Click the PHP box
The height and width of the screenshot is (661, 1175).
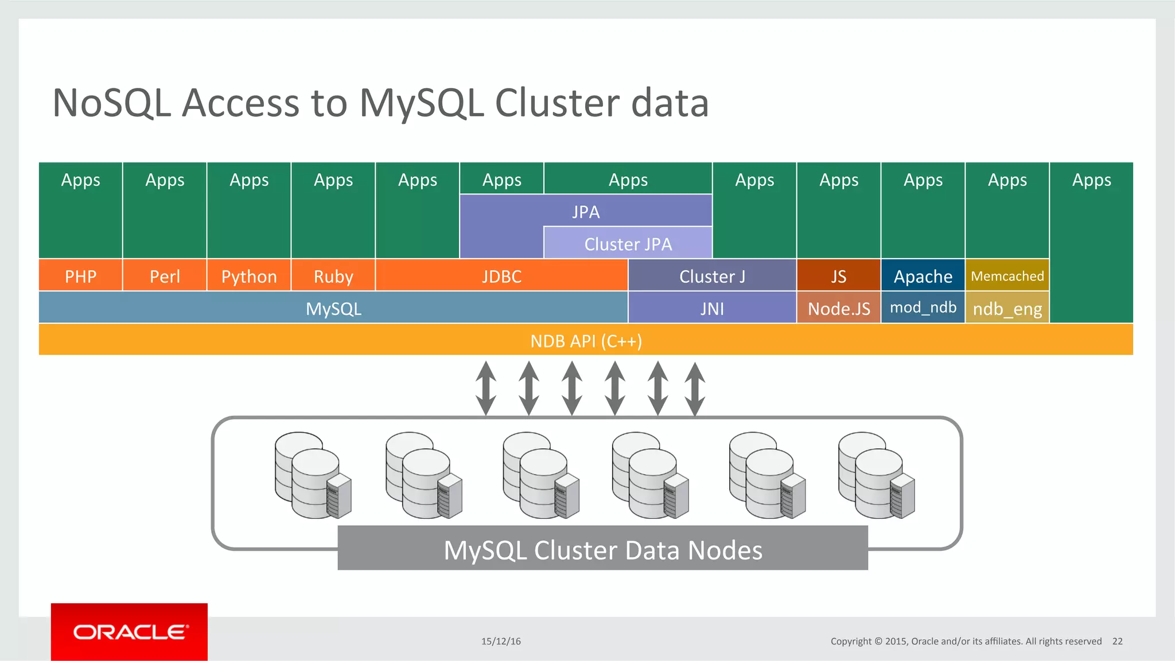pos(80,276)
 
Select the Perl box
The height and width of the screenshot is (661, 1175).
pos(165,276)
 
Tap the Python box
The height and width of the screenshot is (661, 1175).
pos(249,276)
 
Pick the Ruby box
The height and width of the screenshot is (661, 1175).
pos(333,276)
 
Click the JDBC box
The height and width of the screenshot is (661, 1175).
pos(501,276)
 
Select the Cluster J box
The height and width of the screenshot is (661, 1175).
pos(712,276)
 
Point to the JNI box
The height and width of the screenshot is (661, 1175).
pos(712,308)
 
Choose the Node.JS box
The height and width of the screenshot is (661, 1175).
pos(838,308)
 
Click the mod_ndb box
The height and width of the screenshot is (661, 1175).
pos(923,307)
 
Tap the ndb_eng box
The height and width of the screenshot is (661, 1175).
pos(1007,308)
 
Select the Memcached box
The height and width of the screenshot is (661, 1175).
pos(1007,275)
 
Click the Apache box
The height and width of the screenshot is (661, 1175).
pos(923,276)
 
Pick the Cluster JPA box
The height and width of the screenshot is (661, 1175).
pos(628,243)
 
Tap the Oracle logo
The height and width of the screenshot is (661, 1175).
pos(130,632)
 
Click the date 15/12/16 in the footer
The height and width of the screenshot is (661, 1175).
pos(501,641)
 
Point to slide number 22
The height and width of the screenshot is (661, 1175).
pos(1117,641)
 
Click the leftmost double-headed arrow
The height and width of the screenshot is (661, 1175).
pos(486,388)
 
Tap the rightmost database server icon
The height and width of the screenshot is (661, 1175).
pos(876,476)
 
